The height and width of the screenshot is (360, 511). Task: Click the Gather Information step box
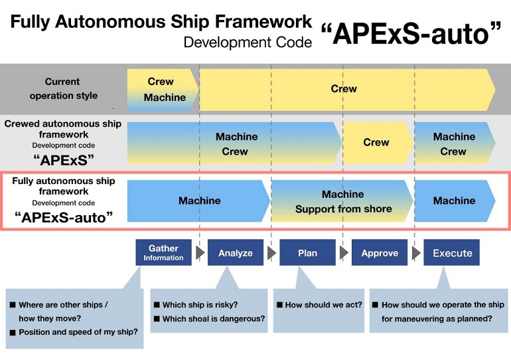tap(163, 252)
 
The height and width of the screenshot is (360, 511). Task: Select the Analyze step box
tap(236, 252)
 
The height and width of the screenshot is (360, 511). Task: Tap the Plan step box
tap(307, 252)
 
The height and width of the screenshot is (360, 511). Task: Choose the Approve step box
tap(380, 252)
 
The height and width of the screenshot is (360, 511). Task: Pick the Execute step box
tap(451, 252)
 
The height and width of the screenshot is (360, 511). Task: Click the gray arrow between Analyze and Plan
tap(271, 252)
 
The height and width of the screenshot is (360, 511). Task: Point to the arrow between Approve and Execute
tap(416, 252)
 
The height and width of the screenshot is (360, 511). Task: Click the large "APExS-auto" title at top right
tap(411, 34)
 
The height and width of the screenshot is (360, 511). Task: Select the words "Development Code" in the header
tap(248, 43)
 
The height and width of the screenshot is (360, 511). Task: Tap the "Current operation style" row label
tap(63, 88)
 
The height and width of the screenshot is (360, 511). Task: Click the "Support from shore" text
tap(344, 209)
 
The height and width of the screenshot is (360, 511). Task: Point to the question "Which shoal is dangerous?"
tap(214, 319)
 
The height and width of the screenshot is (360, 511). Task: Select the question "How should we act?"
tap(323, 305)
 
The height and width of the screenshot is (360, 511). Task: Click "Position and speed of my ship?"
tap(78, 332)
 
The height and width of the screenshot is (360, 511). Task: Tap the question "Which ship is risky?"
tap(200, 305)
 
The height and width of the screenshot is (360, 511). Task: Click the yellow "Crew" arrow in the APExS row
tap(378, 143)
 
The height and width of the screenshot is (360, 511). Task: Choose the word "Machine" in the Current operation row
tap(165, 97)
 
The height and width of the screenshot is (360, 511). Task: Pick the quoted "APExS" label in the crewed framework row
tap(64, 160)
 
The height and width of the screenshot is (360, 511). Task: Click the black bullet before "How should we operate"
tap(375, 305)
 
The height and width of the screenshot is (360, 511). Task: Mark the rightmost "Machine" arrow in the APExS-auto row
tap(455, 201)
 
